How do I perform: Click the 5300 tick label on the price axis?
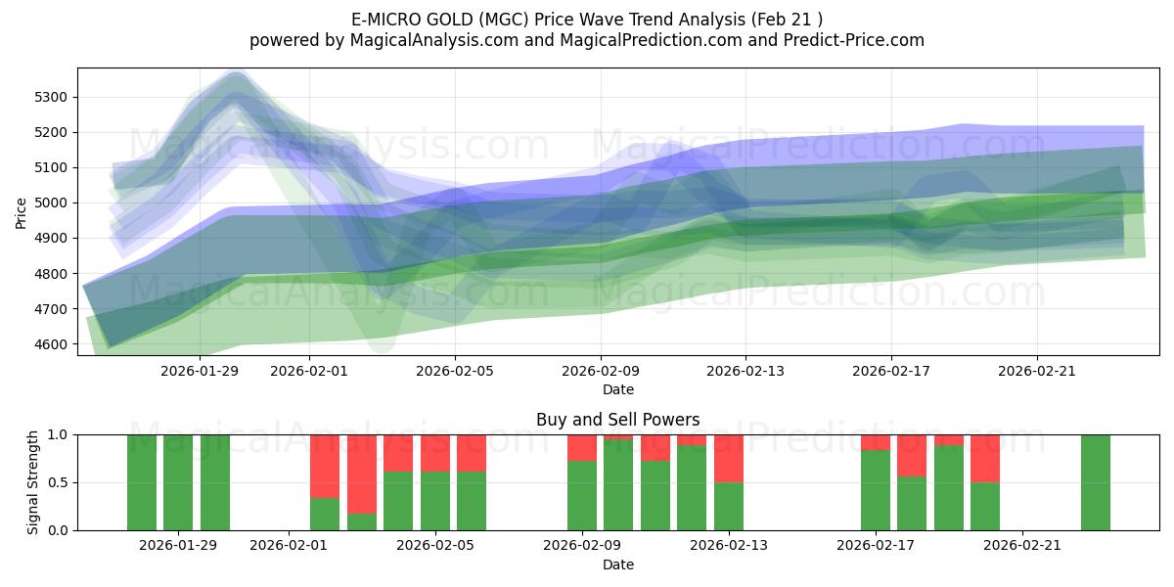pyautogui.click(x=52, y=97)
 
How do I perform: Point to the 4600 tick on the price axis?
pyautogui.click(x=52, y=344)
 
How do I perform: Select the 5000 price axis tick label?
pyautogui.click(x=52, y=203)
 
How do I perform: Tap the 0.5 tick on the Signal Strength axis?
pyautogui.click(x=59, y=482)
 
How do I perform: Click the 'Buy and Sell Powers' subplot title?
pyautogui.click(x=617, y=420)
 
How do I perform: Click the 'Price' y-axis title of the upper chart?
pyautogui.click(x=22, y=211)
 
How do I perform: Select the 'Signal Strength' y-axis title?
pyautogui.click(x=33, y=481)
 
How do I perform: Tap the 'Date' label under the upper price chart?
pyautogui.click(x=617, y=389)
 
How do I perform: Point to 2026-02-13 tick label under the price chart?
pyautogui.click(x=745, y=371)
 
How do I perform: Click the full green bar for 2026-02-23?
pyautogui.click(x=1095, y=482)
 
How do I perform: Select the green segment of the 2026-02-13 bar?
pyautogui.click(x=729, y=506)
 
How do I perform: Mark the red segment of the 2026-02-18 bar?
pyautogui.click(x=912, y=455)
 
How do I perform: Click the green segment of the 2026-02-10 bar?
pyautogui.click(x=618, y=484)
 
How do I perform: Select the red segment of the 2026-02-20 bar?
pyautogui.click(x=985, y=458)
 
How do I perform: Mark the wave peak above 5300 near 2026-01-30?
pyautogui.click(x=236, y=78)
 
